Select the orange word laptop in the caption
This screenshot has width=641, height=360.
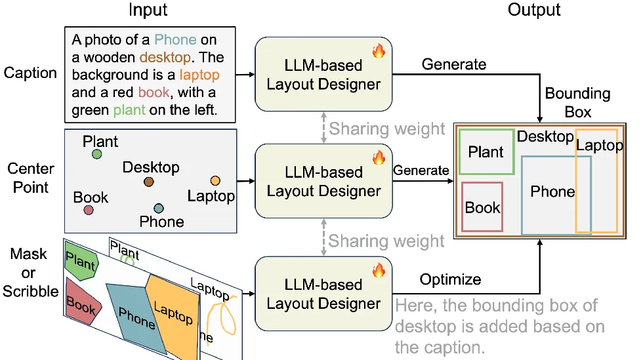point(199,74)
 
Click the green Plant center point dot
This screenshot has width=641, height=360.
point(96,154)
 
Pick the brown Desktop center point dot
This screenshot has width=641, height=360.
point(149,181)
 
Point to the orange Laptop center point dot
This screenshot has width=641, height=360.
point(215,180)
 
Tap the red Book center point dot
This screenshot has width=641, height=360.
point(89,210)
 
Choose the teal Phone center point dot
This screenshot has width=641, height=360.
point(159,209)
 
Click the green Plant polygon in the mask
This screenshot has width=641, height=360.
point(80,264)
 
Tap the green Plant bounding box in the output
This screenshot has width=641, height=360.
point(486,151)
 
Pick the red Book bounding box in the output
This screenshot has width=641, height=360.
point(482,207)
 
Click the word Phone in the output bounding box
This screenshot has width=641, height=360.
point(552,191)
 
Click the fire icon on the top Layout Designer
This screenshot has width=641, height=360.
point(379,51)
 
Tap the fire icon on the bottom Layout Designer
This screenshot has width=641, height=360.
point(379,270)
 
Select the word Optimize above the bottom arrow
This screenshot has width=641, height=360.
point(451,279)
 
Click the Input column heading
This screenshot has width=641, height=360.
point(148,10)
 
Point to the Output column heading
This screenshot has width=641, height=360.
point(534,10)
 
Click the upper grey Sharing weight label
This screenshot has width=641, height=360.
point(386,129)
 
